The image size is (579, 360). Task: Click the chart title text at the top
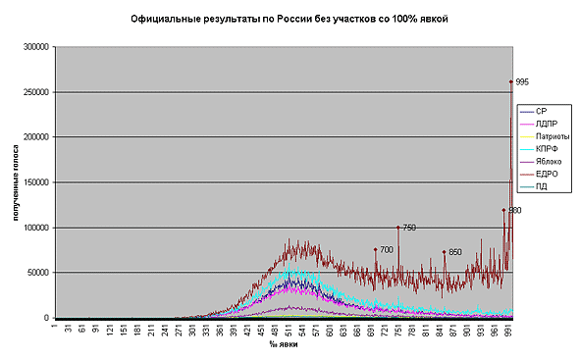pos(290,19)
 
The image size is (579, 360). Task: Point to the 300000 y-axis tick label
pos(36,46)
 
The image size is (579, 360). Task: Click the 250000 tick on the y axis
pos(36,92)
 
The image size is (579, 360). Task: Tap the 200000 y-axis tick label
pos(36,137)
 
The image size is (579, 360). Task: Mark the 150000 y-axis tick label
pos(36,182)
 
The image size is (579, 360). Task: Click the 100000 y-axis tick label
pos(36,228)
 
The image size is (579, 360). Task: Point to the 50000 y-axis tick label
pos(38,273)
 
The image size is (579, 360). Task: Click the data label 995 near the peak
pos(522,81)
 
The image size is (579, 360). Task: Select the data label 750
pos(409,228)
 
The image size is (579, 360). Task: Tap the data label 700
pos(387,249)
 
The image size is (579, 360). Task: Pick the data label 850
pos(455,252)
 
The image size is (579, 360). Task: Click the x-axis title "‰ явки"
pos(285,344)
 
